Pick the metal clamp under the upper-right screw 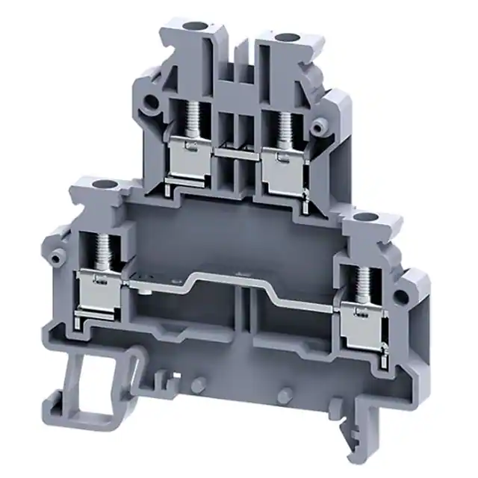click(282, 158)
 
